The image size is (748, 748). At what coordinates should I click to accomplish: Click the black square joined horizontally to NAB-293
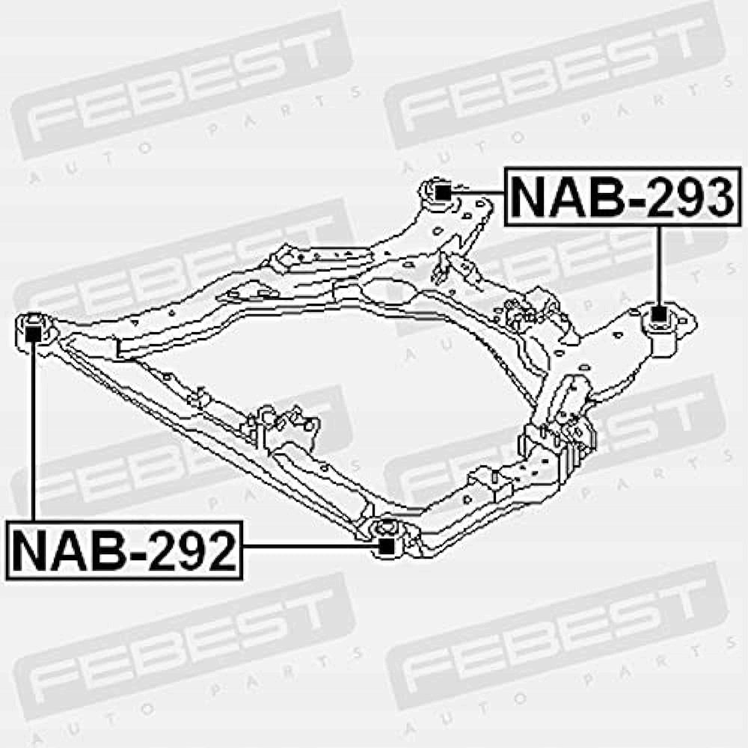click(x=442, y=191)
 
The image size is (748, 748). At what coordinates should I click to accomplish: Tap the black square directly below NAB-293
click(x=658, y=314)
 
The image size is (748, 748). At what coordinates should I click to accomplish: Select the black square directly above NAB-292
click(x=33, y=332)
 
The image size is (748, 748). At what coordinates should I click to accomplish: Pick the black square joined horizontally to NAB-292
click(x=386, y=547)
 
